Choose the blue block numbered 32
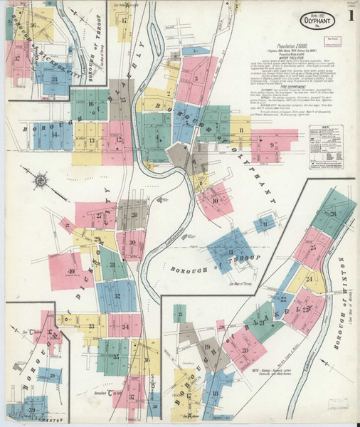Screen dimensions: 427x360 117,295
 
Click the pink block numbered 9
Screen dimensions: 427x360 274,144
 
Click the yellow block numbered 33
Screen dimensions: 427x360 92,326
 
